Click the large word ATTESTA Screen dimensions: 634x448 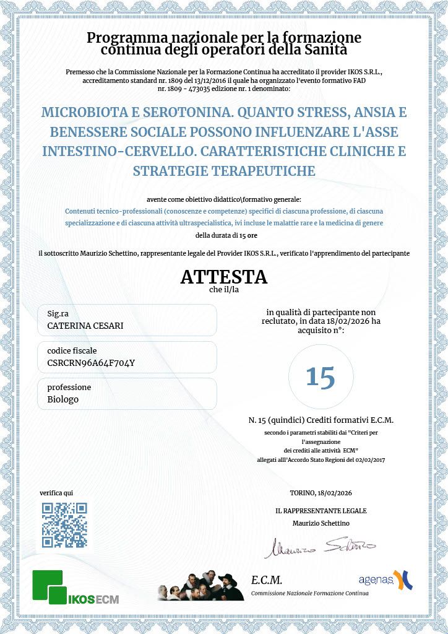223,277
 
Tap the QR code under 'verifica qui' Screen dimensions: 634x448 64,525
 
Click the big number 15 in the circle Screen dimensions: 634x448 321,376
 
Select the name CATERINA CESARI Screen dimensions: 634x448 85,326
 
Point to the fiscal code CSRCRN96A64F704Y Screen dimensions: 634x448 90,363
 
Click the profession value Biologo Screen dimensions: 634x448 63,399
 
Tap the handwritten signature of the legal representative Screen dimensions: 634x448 320,547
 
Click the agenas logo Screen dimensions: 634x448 385,580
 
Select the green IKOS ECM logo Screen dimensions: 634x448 75,588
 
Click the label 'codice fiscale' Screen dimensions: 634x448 72,351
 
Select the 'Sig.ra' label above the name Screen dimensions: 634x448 58,314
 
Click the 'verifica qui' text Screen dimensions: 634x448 56,493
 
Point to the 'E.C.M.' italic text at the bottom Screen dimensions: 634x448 267,580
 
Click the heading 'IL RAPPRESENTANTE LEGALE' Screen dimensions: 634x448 321,511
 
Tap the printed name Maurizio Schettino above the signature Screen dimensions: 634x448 321,523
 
